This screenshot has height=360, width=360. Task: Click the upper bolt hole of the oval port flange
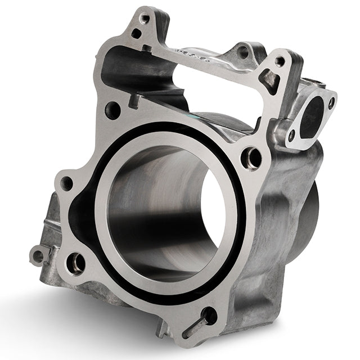click(331, 103)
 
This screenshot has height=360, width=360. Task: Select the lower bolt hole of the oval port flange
click(291, 136)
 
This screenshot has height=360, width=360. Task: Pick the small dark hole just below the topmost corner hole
click(137, 33)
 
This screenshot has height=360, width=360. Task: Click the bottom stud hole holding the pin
click(209, 315)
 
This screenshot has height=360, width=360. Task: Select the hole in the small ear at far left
click(38, 256)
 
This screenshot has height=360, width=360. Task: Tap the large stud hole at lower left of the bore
click(76, 262)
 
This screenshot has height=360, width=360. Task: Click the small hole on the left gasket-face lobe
click(67, 183)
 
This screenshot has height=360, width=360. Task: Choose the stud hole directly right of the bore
click(251, 157)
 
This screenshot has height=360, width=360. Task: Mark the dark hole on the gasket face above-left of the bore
click(113, 110)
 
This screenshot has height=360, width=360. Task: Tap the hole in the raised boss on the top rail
click(243, 52)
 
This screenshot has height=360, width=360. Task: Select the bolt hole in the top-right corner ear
click(280, 61)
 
